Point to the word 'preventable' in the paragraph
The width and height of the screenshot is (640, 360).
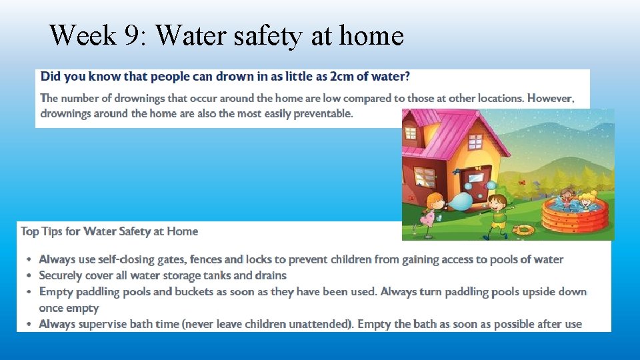tap(319, 113)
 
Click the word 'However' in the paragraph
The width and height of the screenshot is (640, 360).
tap(550, 98)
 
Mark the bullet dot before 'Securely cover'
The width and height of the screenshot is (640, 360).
tap(29, 275)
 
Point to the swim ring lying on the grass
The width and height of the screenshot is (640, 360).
tap(525, 230)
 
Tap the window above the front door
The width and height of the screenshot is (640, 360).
tap(476, 142)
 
